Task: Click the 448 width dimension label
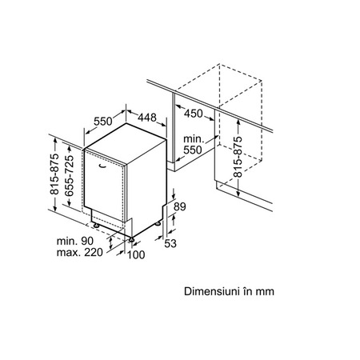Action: [x=147, y=117]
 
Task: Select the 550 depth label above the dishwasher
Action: [x=103, y=122]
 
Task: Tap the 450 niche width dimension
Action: [x=194, y=114]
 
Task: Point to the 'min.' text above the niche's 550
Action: [x=194, y=139]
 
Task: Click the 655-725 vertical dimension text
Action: [x=69, y=176]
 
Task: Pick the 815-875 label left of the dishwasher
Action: [x=54, y=174]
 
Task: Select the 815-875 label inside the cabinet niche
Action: [x=238, y=157]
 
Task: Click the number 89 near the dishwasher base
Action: [x=180, y=206]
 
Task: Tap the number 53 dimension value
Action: [x=170, y=243]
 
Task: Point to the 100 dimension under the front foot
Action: [x=136, y=255]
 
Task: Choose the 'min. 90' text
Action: [x=75, y=241]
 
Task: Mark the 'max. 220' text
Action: [x=79, y=252]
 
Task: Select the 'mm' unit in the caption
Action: [x=265, y=292]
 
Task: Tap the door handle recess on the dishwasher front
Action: [x=102, y=166]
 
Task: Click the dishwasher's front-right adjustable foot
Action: [x=131, y=240]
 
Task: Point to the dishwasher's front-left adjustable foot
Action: [x=96, y=226]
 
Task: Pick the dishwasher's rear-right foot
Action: [x=158, y=223]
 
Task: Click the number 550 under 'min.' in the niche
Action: [x=193, y=150]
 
